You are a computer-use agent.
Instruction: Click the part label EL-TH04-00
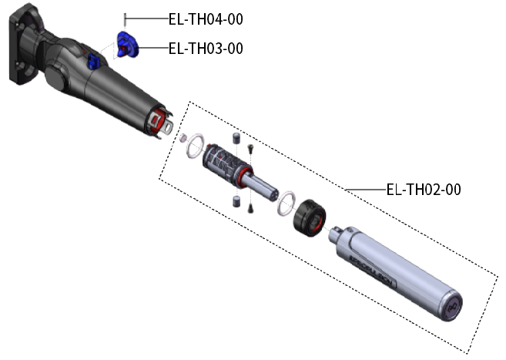coord(206,19)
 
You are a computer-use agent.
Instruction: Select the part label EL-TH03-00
coord(206,49)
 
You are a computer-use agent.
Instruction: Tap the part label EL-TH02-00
coord(424,190)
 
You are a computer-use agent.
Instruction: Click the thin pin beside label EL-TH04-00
coord(125,20)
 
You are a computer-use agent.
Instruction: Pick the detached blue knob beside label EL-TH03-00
coord(127,45)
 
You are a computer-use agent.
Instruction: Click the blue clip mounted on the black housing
coord(94,61)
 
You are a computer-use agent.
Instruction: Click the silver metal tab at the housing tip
coord(168,126)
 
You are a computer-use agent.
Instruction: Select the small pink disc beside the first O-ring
coord(183,138)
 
